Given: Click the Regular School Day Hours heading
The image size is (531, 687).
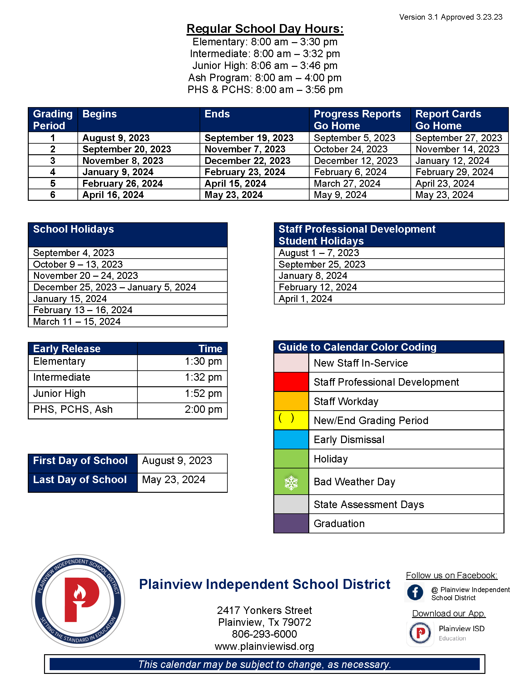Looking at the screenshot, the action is pyautogui.click(x=265, y=29).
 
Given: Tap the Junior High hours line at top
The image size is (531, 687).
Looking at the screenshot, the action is pyautogui.click(x=265, y=66).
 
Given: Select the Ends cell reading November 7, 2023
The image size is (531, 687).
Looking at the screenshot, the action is pyautogui.click(x=245, y=149).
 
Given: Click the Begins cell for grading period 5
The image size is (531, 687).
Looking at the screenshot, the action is pyautogui.click(x=122, y=183).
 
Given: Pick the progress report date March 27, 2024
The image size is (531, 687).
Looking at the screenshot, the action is pyautogui.click(x=347, y=183).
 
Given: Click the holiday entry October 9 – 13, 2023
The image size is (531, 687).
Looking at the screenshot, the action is pyautogui.click(x=78, y=264).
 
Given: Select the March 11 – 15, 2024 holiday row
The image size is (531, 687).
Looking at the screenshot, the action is pyautogui.click(x=77, y=321).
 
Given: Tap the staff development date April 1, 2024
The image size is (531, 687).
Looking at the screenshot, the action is pyautogui.click(x=305, y=299).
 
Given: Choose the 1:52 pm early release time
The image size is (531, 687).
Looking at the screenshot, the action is pyautogui.click(x=203, y=393).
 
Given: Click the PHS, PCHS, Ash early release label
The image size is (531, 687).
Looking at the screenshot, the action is pyautogui.click(x=73, y=409).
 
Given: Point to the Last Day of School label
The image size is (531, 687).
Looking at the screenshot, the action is pyautogui.click(x=80, y=480).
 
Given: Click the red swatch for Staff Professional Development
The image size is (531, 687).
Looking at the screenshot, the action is pyautogui.click(x=291, y=382).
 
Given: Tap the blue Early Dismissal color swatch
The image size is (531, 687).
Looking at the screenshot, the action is pyautogui.click(x=291, y=439).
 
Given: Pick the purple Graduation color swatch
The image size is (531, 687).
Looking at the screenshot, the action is pyautogui.click(x=291, y=523).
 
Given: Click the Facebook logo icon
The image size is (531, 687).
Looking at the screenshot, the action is pyautogui.click(x=415, y=592).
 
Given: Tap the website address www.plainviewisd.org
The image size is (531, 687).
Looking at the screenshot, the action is pyautogui.click(x=264, y=646).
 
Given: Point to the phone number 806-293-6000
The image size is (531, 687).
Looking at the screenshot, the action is pyautogui.click(x=264, y=634).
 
